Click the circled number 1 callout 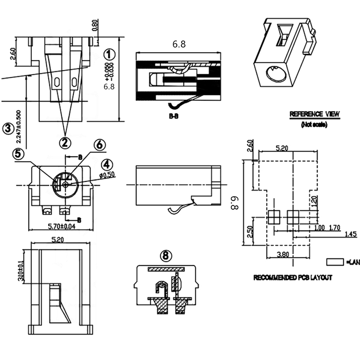click(108, 55)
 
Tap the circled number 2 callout click(66, 143)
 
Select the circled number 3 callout click(8, 129)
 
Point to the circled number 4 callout click(107, 164)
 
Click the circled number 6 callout click(99, 145)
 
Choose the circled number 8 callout click(166, 256)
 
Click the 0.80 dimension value click(94, 25)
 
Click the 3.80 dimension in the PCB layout click(283, 254)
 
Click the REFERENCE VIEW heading click(315, 114)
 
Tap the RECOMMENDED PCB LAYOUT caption click(293, 278)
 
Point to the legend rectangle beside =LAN click(335, 261)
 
